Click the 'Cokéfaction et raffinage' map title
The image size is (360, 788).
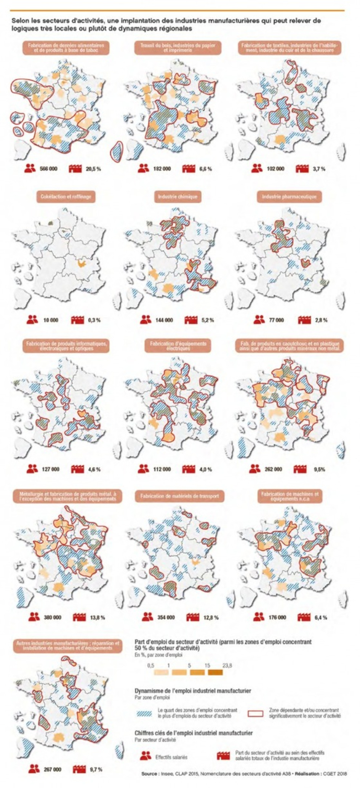point(66,197)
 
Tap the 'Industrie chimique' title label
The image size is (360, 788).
point(178,197)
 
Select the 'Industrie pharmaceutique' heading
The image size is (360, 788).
point(289,197)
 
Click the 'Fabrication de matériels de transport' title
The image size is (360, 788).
point(179,496)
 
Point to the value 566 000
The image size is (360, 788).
point(48,168)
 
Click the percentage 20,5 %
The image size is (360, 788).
point(93,168)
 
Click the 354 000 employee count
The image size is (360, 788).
point(166,617)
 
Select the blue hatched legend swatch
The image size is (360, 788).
point(144,712)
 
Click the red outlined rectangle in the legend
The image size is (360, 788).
point(255,712)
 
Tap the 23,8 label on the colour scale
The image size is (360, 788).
point(227,666)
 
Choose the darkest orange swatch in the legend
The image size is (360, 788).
point(215,672)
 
